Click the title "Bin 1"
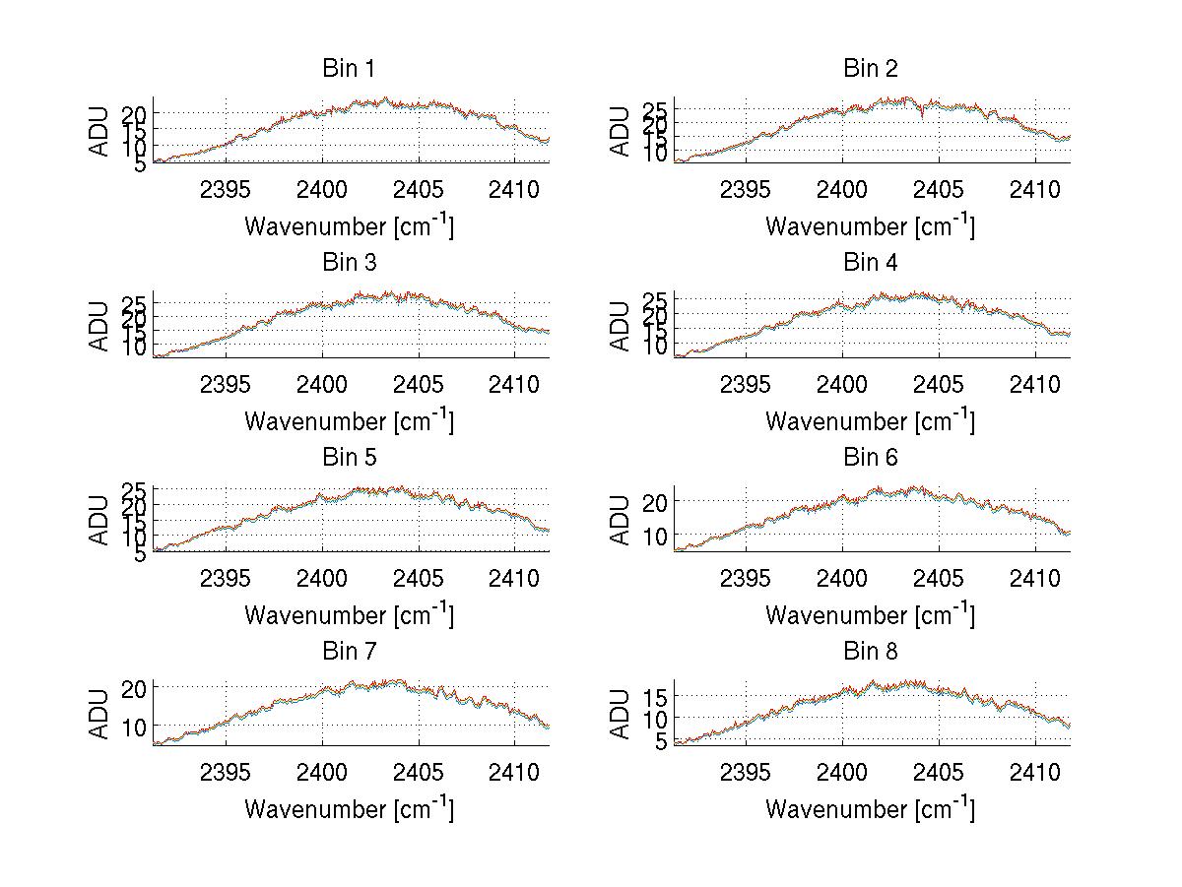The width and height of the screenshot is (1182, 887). click(x=349, y=69)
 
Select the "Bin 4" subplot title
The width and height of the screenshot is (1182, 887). click(x=870, y=263)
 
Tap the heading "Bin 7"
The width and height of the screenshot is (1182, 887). click(x=349, y=652)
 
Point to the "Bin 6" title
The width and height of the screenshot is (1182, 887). click(x=870, y=458)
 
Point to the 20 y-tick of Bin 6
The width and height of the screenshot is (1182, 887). click(x=657, y=501)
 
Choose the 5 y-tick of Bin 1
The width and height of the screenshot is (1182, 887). click(x=142, y=163)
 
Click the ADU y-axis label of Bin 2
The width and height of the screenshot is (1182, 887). click(x=620, y=130)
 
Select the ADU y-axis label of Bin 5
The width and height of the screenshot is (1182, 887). click(x=98, y=519)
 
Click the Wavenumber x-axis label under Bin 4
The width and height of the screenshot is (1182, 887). click(x=870, y=420)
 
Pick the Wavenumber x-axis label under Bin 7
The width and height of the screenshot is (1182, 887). click(x=349, y=809)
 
